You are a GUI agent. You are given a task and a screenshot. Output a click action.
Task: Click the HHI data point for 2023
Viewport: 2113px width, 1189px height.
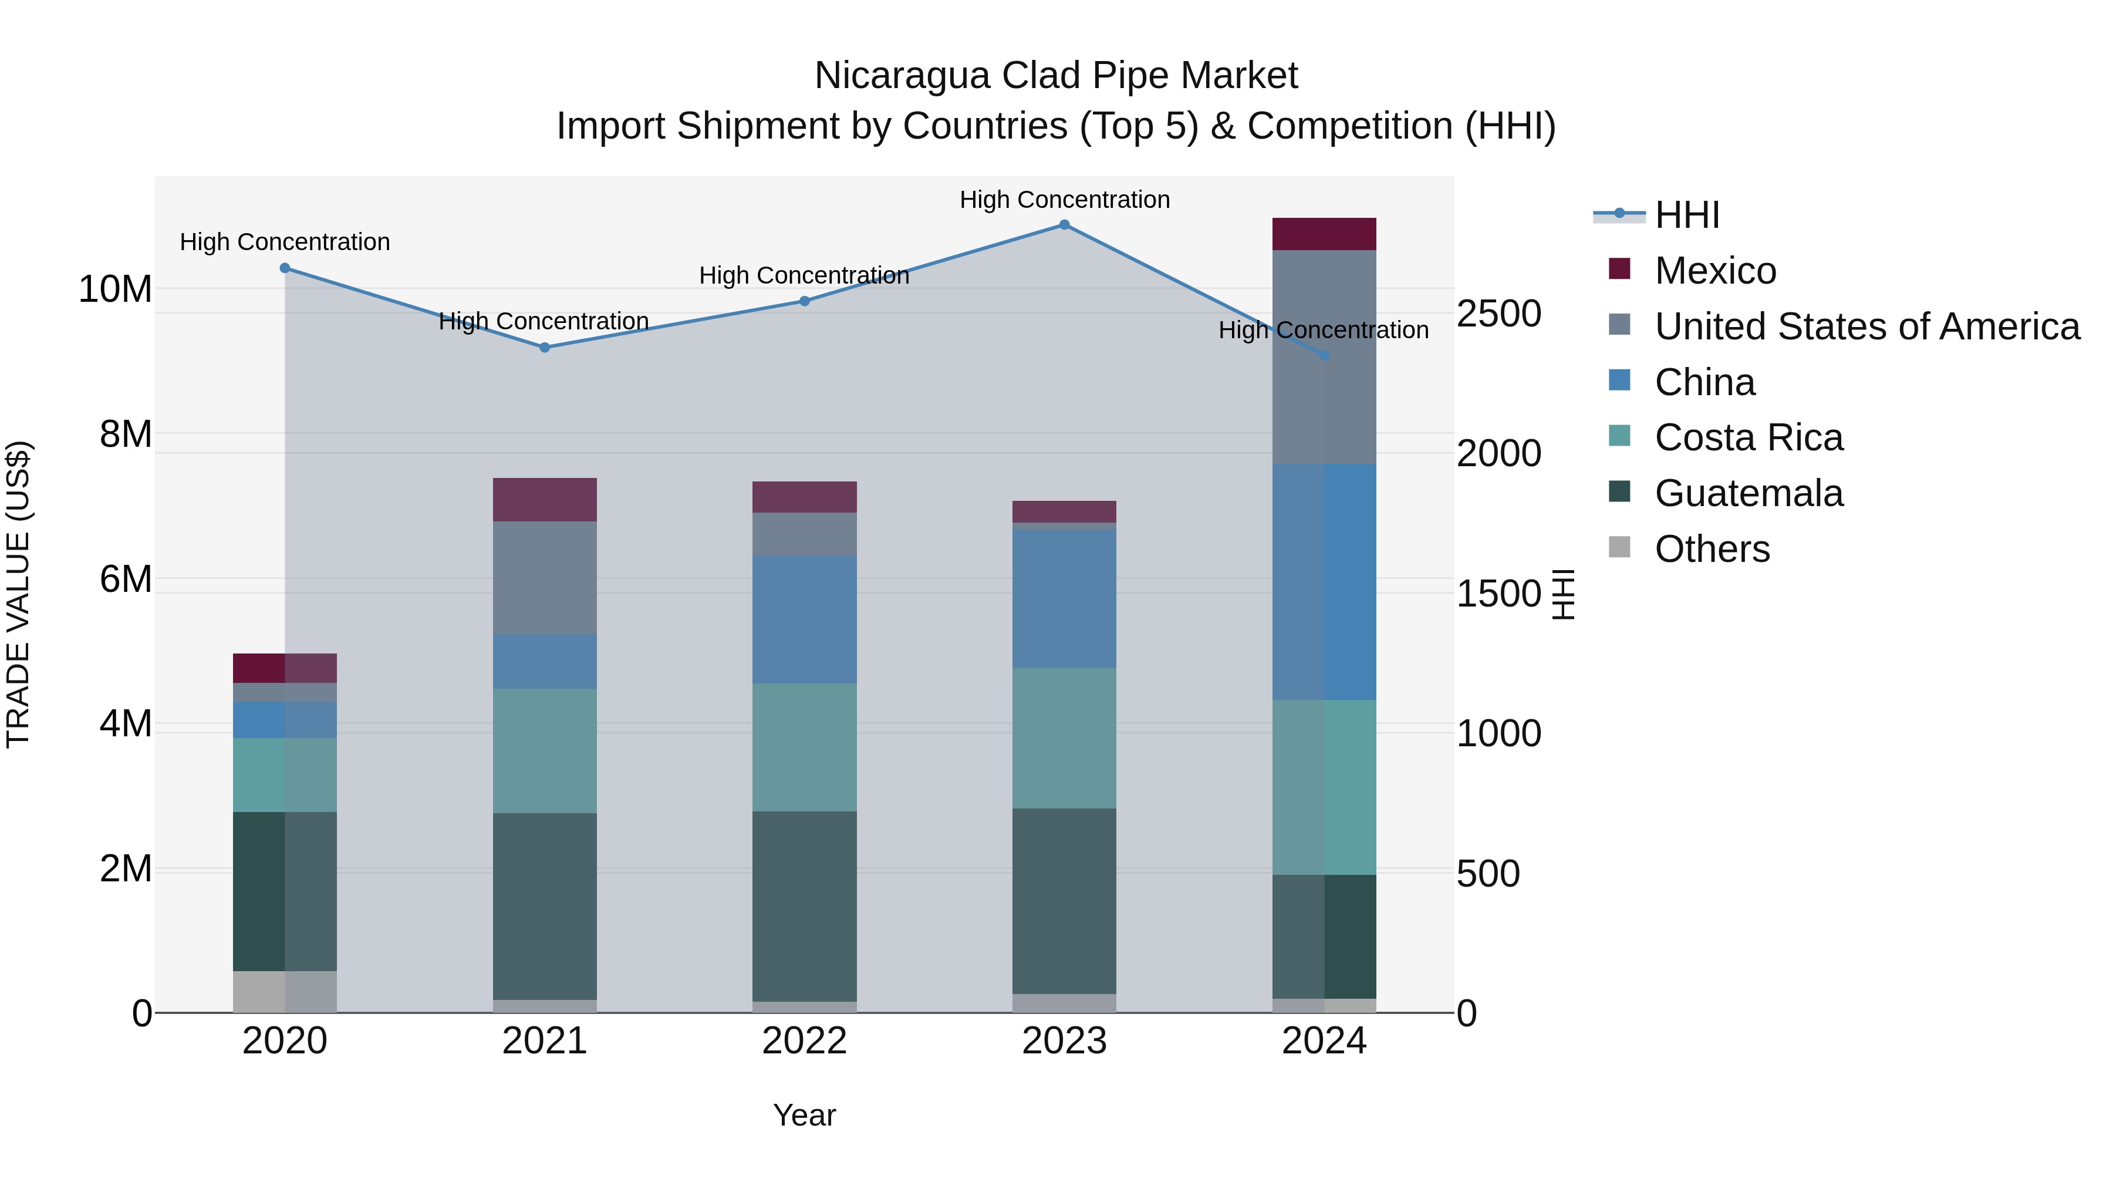(x=1064, y=225)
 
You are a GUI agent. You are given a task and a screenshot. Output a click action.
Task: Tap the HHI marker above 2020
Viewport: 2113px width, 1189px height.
(x=285, y=268)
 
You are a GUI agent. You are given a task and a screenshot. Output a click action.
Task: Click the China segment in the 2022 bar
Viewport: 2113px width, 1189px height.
(x=804, y=619)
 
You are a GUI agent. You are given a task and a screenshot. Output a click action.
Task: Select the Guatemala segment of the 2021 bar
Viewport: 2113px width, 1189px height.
(x=545, y=906)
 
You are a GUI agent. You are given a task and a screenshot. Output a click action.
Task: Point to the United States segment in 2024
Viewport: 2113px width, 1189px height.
(x=1324, y=357)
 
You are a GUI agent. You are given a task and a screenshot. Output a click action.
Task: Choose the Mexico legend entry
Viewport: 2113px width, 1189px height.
(x=1715, y=271)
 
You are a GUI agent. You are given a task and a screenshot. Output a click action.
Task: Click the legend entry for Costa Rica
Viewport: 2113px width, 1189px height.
(x=1748, y=437)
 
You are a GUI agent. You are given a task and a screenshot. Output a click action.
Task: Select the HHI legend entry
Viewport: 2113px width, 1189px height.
(x=1686, y=215)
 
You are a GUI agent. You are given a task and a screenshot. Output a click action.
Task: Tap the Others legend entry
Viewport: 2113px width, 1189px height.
(x=1712, y=549)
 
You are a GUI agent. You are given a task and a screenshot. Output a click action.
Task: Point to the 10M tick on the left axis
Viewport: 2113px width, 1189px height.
(x=115, y=289)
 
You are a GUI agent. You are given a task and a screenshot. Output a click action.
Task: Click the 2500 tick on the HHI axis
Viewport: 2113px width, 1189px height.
(x=1498, y=314)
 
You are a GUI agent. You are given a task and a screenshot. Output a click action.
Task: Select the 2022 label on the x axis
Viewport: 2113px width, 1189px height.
(x=804, y=1041)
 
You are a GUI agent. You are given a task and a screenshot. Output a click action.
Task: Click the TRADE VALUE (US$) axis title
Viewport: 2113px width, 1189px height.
(x=18, y=594)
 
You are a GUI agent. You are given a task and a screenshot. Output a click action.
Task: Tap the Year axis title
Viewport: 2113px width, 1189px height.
(x=804, y=1115)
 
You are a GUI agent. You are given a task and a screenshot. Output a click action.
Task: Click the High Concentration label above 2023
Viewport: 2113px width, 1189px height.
(x=1064, y=200)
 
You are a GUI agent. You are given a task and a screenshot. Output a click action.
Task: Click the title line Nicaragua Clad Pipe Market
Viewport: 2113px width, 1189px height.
(x=1056, y=76)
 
